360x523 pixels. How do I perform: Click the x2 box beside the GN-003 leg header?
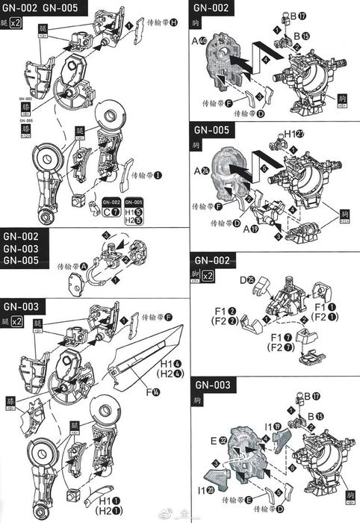[18, 321]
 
